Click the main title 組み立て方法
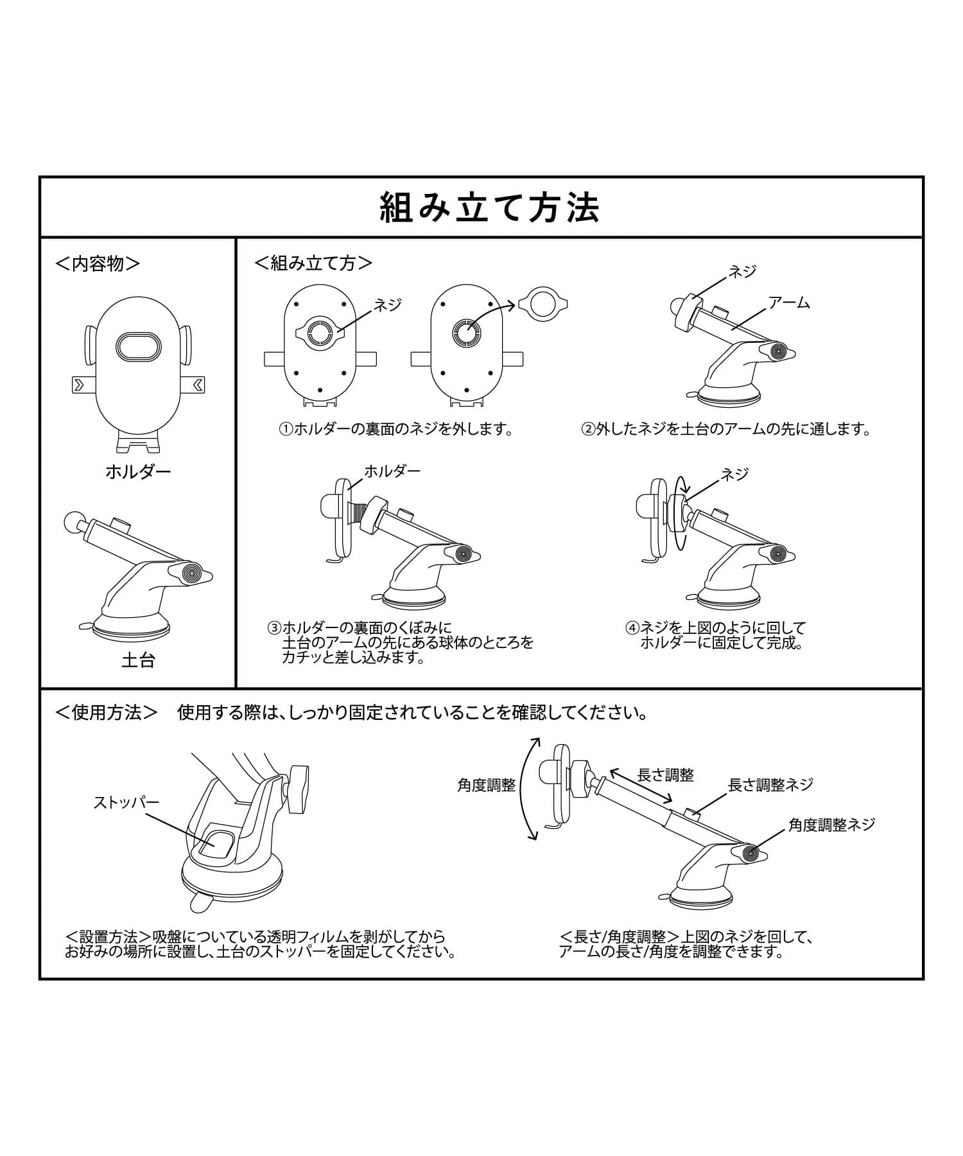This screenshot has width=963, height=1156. click(490, 207)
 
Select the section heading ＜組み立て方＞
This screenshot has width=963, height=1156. click(313, 263)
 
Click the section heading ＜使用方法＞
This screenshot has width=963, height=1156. click(107, 712)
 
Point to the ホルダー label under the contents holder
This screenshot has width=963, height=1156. click(138, 472)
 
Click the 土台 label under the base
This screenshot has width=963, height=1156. click(138, 660)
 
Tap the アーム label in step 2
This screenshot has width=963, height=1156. click(789, 302)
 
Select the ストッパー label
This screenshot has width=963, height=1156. click(126, 802)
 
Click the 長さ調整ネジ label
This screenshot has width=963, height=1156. click(770, 784)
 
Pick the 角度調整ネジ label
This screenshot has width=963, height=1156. click(831, 825)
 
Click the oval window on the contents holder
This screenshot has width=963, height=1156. click(138, 346)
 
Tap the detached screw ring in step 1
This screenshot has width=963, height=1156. click(542, 304)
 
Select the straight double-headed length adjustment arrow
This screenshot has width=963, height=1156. click(641, 786)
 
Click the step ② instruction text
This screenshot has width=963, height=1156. click(725, 429)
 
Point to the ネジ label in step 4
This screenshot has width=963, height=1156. click(735, 475)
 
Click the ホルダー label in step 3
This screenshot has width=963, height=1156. click(392, 471)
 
